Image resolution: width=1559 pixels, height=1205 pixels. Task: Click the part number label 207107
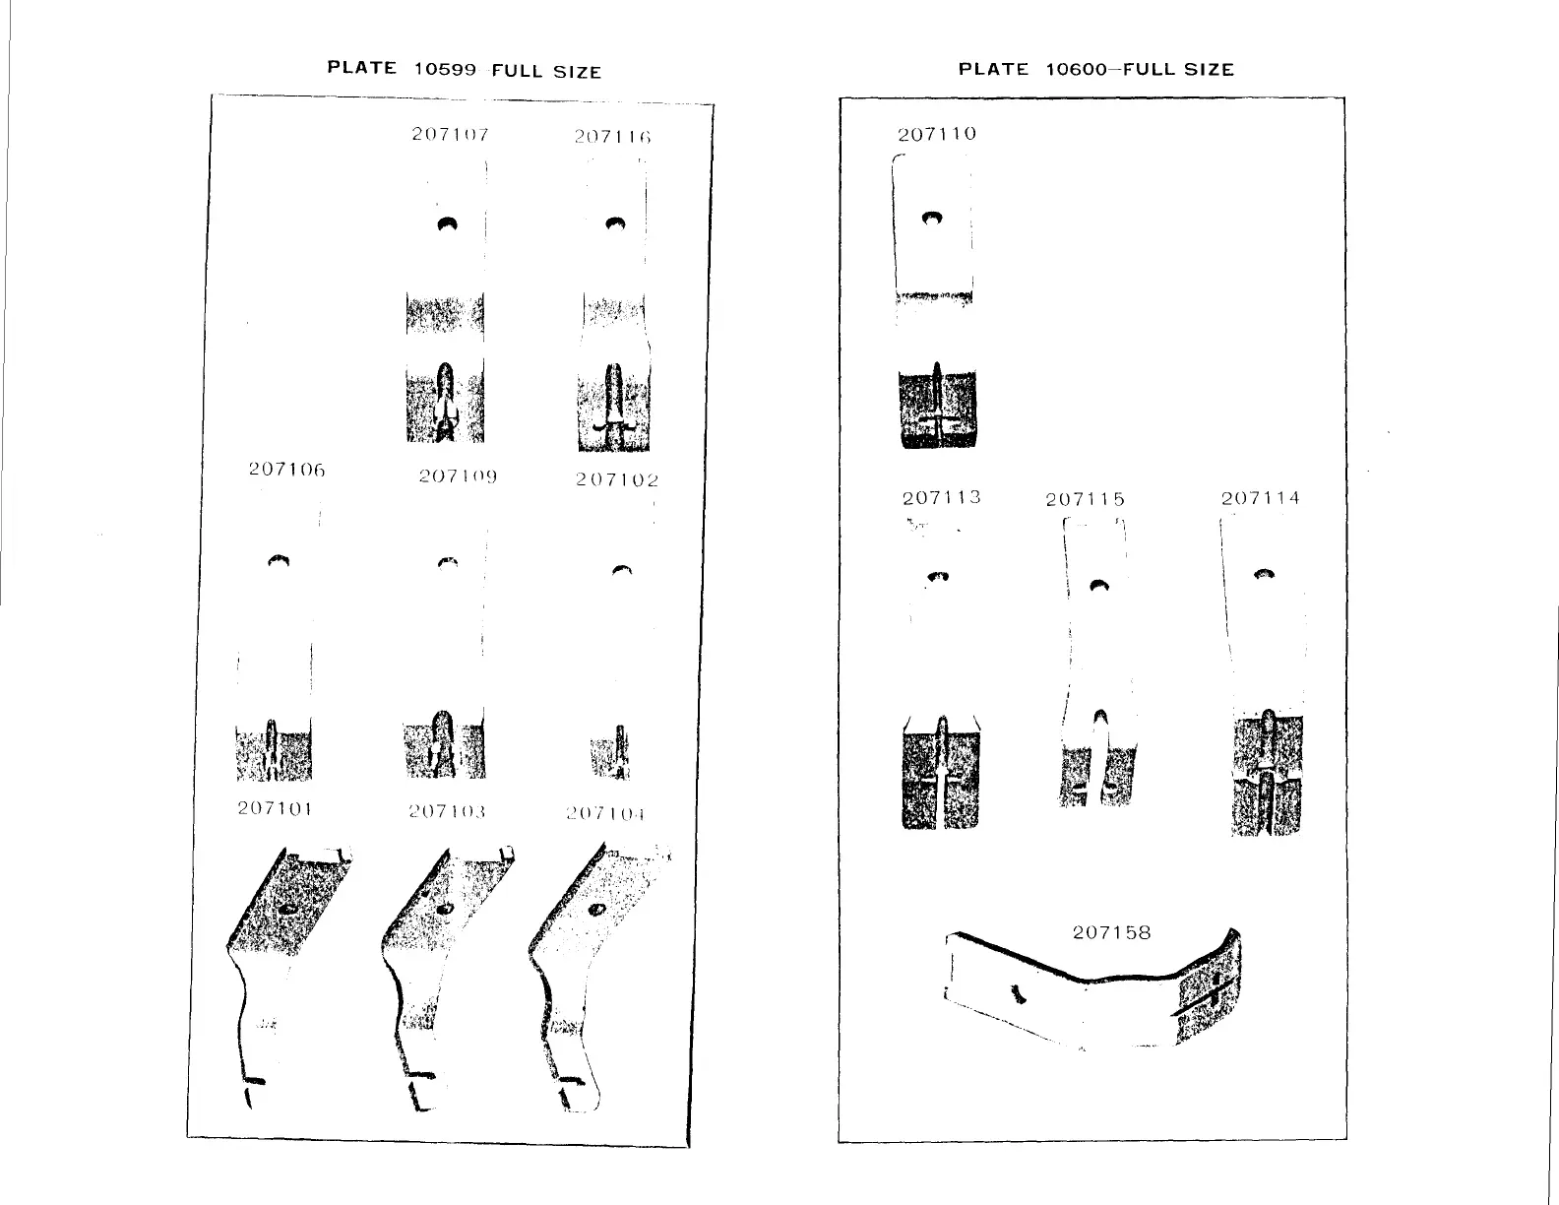pos(450,134)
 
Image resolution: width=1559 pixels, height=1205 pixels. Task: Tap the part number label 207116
pos(612,137)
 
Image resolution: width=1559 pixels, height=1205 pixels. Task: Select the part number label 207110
pos(937,133)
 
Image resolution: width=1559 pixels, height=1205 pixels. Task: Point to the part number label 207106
pos(285,470)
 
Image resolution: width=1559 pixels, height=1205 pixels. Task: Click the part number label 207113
pos(942,497)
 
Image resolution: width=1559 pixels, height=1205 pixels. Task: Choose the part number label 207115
pos(1085,499)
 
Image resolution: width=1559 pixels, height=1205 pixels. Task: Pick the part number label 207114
pos(1260,498)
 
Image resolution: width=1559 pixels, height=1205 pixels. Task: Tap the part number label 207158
pos(1111,931)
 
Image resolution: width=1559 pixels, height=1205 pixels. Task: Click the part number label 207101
pos(275,809)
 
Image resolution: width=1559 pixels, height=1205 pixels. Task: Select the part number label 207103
pos(447,812)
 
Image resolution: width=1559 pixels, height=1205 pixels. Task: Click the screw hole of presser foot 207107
pos(448,224)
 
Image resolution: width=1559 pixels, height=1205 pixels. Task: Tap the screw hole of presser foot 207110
pos(931,218)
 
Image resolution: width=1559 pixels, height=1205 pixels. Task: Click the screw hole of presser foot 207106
pos(280,560)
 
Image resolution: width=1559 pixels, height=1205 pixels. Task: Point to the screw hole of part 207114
pos(1264,574)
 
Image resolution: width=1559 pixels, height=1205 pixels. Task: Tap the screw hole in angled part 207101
pos(288,908)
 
